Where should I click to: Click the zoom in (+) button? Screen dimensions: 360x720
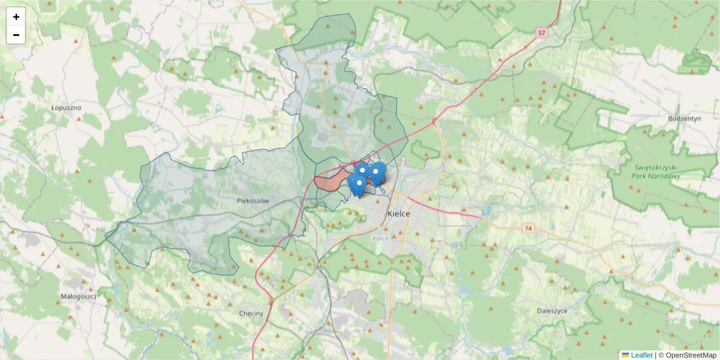tap(16, 17)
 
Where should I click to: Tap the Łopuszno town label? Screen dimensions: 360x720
tap(66, 108)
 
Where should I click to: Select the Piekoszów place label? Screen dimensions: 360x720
tap(253, 201)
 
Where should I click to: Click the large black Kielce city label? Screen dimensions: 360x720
tap(398, 214)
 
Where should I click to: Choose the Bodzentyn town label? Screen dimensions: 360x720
tap(685, 119)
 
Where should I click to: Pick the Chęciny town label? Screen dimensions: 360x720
tap(251, 314)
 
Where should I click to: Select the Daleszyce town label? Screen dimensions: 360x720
tap(553, 311)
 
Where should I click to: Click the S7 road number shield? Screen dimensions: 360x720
tap(542, 33)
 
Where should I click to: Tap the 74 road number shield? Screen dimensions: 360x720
tap(528, 229)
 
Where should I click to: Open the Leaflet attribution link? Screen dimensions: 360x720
tap(641, 355)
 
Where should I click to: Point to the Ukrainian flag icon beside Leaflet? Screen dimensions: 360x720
tap(625, 355)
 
